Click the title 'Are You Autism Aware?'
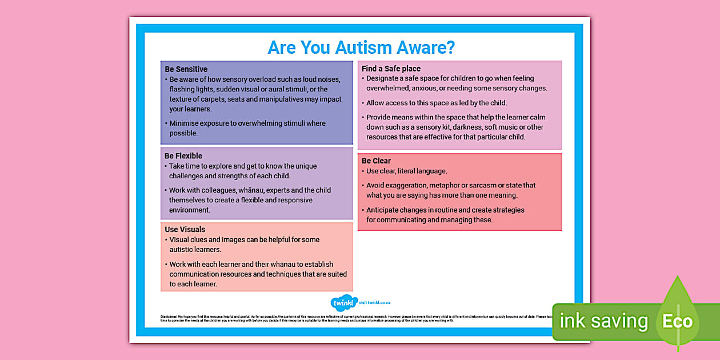pos(361,47)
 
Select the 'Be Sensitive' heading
pos(186,69)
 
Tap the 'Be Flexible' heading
pos(183,155)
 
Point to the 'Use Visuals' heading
pos(185,229)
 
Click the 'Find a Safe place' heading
pos(391,69)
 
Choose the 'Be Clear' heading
pos(376,161)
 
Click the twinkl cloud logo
pos(344,303)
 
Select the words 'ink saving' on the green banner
pos(603,321)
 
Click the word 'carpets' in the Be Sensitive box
pos(229,99)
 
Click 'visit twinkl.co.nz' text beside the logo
pos(375,303)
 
